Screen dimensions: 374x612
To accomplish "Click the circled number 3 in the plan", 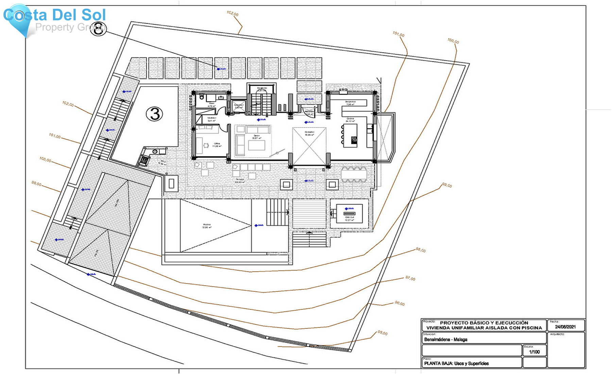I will coord(154,114).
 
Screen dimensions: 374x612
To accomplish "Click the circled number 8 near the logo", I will coord(99,29).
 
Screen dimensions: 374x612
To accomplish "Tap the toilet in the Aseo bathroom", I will coord(202,97).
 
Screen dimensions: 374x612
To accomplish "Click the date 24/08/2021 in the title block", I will coord(565,327).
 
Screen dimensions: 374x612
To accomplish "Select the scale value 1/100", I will coord(534,352).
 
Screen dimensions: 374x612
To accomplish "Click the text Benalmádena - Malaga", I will coord(446,339).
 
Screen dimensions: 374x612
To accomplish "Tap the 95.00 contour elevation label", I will coord(382,333).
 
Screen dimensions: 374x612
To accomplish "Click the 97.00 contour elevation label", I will coord(410,278).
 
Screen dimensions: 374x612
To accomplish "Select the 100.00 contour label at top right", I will coord(453,41).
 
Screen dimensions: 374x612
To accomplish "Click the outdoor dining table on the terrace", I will coord(354,175).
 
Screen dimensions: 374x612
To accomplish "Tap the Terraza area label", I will coord(240,181).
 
